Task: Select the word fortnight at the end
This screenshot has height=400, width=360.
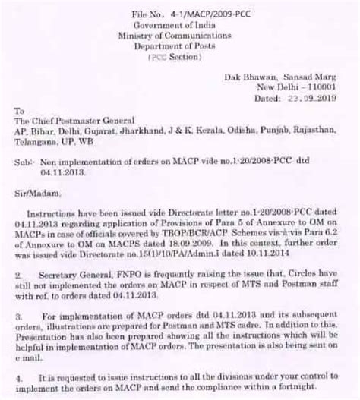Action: [x=315, y=395]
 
